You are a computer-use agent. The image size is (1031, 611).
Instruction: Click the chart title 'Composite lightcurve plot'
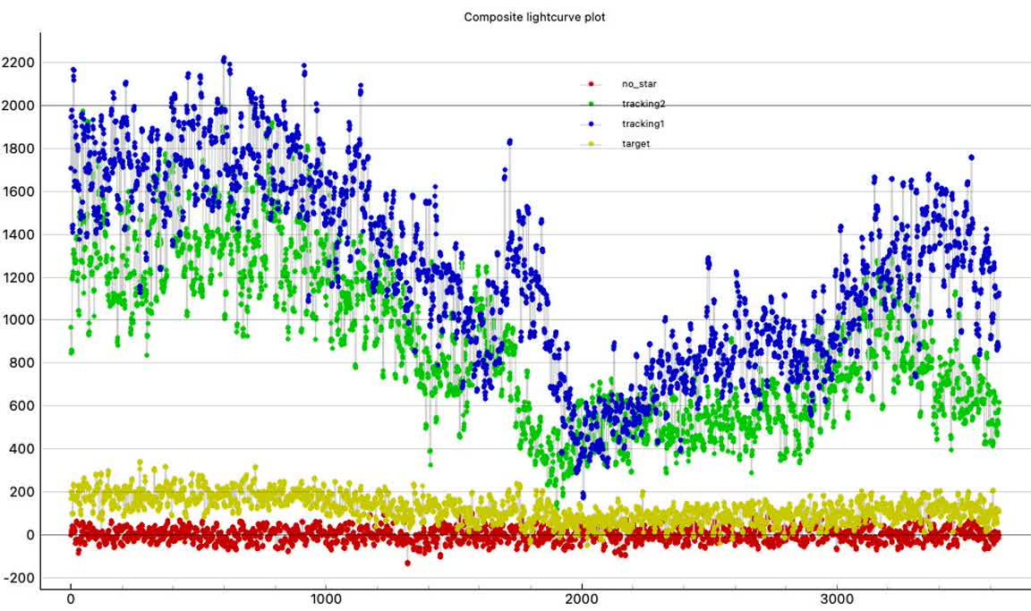pos(534,17)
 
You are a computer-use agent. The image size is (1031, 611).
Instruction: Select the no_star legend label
pos(639,84)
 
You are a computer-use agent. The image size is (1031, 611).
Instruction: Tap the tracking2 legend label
pos(643,104)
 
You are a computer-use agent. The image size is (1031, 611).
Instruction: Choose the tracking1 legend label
pos(643,123)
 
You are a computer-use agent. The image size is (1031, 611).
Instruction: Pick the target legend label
pos(635,143)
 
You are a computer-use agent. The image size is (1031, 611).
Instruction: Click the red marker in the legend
pos(591,84)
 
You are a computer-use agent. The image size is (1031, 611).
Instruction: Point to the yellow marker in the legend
pos(591,143)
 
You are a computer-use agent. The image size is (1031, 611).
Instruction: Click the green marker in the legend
pos(591,104)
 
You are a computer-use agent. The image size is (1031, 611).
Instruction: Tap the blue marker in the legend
pos(591,123)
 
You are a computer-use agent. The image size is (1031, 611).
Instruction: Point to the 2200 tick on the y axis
pos(18,63)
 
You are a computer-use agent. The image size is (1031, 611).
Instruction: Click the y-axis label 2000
pos(18,106)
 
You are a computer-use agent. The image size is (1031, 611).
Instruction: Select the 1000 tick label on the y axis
pos(18,320)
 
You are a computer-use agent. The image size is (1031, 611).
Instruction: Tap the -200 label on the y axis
pos(18,578)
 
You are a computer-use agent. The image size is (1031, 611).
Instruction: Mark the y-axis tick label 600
pos(21,406)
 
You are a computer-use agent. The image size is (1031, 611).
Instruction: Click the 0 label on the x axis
pos(71,599)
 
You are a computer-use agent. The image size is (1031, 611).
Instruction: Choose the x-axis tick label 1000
pos(326,599)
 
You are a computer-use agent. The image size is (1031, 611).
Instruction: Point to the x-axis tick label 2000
pos(582,599)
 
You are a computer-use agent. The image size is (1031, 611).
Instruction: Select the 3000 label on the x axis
pos(838,599)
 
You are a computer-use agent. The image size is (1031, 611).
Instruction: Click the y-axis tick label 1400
pos(18,234)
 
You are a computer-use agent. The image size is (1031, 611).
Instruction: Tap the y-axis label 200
pos(21,492)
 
